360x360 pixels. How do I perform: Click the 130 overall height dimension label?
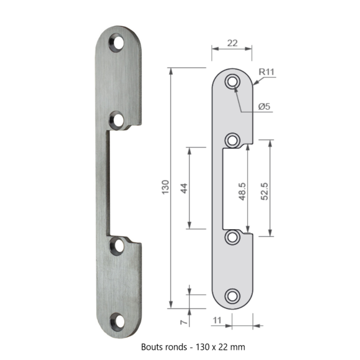[x=166, y=187]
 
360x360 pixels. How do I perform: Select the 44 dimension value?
[x=184, y=188]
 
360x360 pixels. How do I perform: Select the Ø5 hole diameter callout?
[x=265, y=106]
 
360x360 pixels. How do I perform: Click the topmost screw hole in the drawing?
[x=233, y=82]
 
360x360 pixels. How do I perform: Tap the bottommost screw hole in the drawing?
[x=233, y=295]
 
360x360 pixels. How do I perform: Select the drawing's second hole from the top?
[x=233, y=140]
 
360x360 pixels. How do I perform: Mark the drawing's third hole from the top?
[x=233, y=236]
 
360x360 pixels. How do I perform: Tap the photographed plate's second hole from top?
[x=118, y=120]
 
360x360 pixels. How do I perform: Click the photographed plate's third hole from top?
[x=118, y=245]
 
